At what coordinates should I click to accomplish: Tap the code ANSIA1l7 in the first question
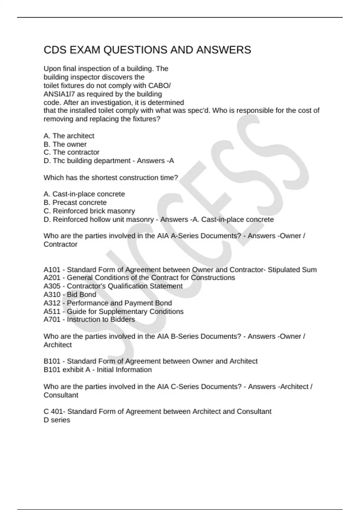point(59,94)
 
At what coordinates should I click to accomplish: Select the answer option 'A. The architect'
point(69,136)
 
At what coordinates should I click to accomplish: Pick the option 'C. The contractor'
point(71,152)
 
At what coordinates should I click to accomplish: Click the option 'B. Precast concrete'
point(75,202)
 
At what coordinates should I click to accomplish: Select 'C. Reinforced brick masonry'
point(89,211)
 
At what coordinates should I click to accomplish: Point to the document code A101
point(52,270)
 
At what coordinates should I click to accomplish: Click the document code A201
point(52,278)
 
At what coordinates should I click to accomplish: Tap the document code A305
point(52,286)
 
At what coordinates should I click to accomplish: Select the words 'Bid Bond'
point(81,295)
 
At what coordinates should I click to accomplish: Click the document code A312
point(52,303)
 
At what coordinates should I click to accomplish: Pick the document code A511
point(52,311)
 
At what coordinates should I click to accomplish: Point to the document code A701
point(52,319)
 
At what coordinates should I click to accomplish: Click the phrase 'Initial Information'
point(124,370)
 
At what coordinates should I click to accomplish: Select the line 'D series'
point(57,420)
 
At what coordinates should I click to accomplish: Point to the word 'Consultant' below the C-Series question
point(61,395)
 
